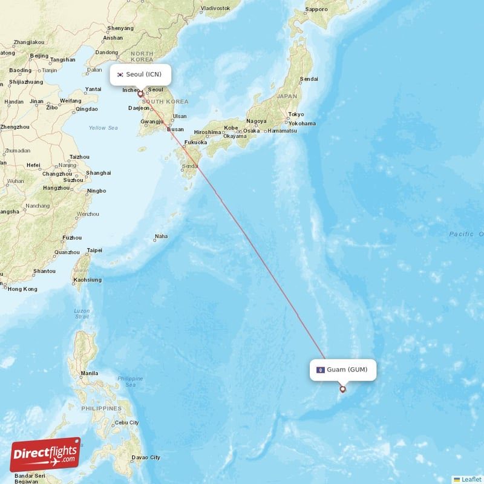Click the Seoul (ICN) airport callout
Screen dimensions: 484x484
tap(140, 74)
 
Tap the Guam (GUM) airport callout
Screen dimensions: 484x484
tap(342, 370)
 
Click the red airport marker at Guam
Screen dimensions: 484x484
tap(342, 389)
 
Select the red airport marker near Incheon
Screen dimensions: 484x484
tap(140, 93)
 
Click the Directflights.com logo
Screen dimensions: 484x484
tap(45, 454)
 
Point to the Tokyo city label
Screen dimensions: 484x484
tap(296, 114)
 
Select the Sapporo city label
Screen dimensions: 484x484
tap(316, 9)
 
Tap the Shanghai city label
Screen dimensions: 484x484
tap(98, 172)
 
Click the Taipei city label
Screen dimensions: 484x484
tap(94, 250)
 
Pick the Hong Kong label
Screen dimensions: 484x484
tap(22, 289)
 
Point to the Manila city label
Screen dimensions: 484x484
tap(89, 373)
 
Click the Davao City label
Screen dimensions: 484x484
tap(147, 457)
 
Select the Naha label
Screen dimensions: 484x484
tap(161, 236)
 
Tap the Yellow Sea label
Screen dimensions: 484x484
tap(103, 128)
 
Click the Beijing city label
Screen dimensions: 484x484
tap(39, 56)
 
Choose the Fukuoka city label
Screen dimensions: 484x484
tap(195, 142)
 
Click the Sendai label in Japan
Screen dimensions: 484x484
tap(309, 79)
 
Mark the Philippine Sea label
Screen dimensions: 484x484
tap(131, 382)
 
